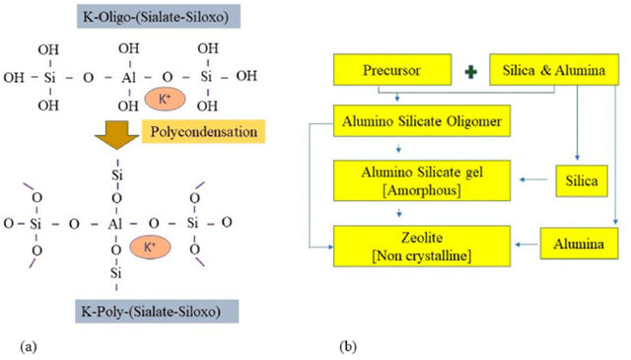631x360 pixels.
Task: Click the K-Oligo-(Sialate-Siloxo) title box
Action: point(159,17)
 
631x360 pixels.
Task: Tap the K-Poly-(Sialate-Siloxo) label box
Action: point(157,312)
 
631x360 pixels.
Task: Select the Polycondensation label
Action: point(204,132)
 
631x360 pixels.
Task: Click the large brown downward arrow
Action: point(117,135)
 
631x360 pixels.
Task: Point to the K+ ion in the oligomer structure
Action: point(165,99)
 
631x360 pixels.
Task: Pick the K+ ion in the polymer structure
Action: point(150,247)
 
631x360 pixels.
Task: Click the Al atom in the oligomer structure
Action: point(129,77)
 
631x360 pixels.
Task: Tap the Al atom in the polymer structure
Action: point(115,224)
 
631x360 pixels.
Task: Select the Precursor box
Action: point(392,70)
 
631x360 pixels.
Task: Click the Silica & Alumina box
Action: point(554,70)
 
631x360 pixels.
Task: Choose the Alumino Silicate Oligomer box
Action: point(422,120)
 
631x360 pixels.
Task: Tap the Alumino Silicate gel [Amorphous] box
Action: point(422,180)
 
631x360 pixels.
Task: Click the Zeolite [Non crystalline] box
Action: point(422,246)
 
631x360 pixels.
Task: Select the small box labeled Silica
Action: point(582,180)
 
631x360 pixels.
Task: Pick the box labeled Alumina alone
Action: point(579,244)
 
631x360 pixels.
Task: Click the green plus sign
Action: point(470,72)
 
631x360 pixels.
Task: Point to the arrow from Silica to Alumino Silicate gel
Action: point(534,180)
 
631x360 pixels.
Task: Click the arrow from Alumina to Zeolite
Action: point(526,245)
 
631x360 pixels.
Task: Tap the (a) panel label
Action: point(29,346)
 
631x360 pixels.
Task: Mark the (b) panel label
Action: point(348,346)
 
